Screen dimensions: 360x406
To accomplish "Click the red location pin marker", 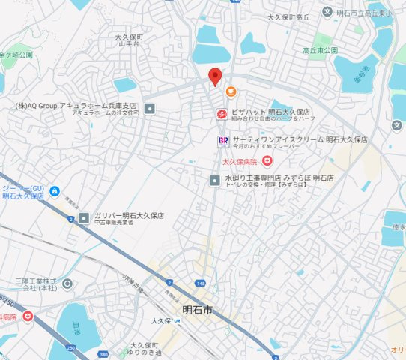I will tap(215, 76).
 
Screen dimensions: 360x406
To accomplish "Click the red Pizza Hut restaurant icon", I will tap(222, 114).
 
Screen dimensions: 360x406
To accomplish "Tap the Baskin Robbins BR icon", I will tap(222, 140).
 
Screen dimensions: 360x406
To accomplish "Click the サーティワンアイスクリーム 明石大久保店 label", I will tap(300, 140).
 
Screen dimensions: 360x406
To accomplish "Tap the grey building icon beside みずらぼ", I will tap(216, 180).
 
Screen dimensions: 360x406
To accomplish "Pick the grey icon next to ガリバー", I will tap(84, 218).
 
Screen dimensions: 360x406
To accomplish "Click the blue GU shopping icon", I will tap(54, 193).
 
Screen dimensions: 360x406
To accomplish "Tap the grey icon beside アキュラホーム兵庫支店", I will tap(149, 109).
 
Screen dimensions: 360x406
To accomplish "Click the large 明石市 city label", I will tap(197, 310).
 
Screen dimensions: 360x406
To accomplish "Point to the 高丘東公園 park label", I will tap(321, 49).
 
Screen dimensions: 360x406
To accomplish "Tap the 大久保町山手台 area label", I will tap(130, 40).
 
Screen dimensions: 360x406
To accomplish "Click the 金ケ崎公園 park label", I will tap(16, 55).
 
